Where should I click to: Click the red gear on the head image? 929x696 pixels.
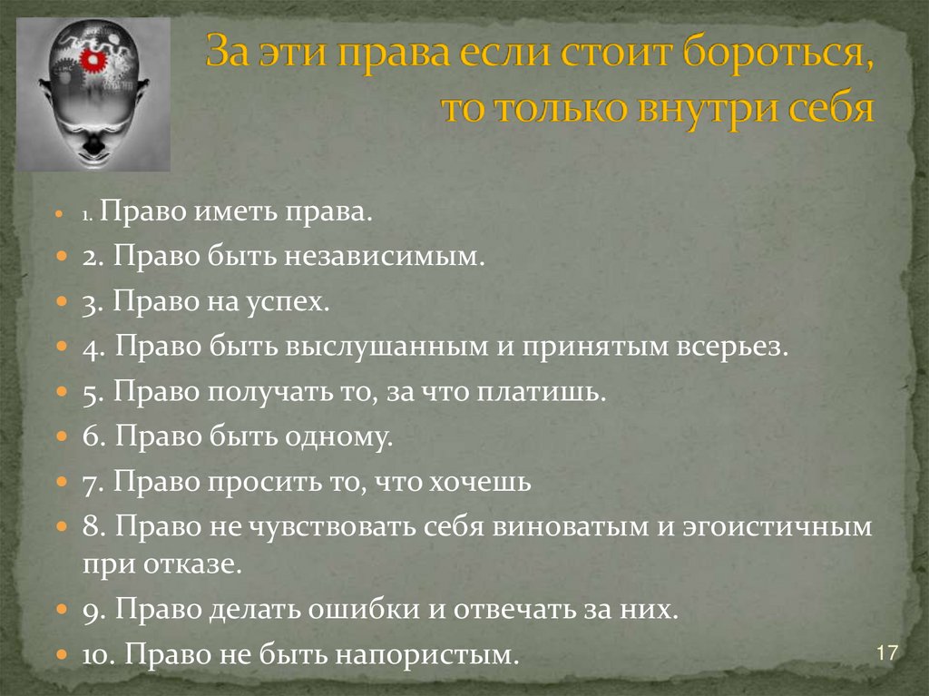pos(93,61)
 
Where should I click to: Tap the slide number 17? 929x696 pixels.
pos(887,653)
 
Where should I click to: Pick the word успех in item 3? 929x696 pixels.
pos(290,302)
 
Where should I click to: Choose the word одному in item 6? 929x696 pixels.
pos(338,437)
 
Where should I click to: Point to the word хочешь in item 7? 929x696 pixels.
pos(486,482)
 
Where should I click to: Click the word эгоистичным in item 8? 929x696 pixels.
pos(779,527)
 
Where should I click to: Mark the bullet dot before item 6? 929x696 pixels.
pos(61,438)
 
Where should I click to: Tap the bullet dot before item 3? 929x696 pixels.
pos(61,303)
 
